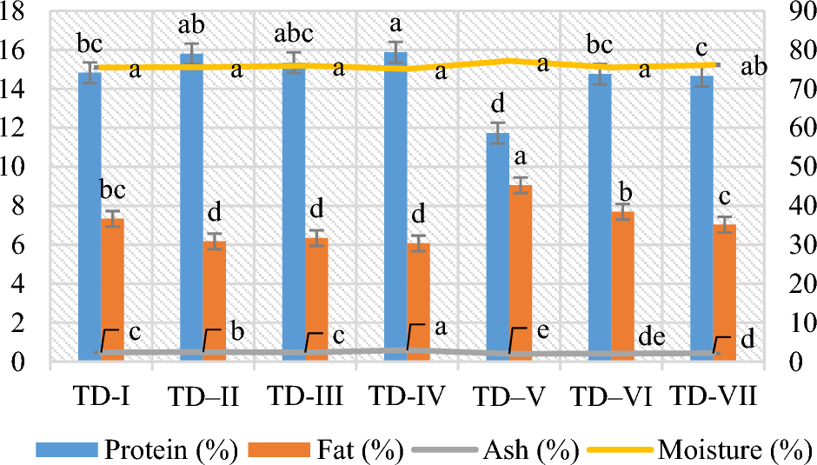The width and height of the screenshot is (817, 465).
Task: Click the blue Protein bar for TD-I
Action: pyautogui.click(x=90, y=217)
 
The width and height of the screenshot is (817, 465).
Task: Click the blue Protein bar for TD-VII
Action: pyautogui.click(x=701, y=217)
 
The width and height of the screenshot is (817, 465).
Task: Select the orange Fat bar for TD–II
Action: pyautogui.click(x=215, y=301)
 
